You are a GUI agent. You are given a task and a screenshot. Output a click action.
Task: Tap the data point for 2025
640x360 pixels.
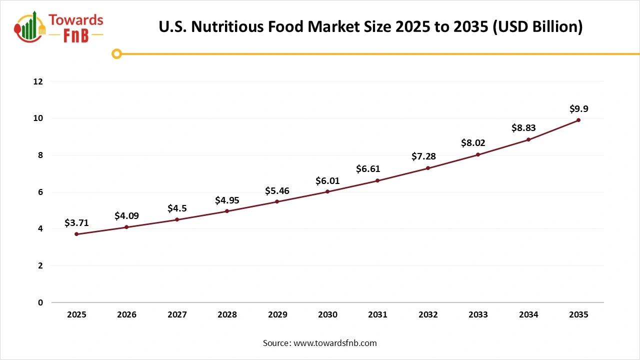pos(76,234)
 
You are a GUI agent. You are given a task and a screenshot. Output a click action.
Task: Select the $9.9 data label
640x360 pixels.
pos(578,109)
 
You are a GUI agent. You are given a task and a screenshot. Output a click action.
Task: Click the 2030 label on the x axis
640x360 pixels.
pos(327,315)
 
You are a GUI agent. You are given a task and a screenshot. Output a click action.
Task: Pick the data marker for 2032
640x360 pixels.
pos(428,168)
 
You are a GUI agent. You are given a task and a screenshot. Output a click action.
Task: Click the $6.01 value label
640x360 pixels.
pos(327,180)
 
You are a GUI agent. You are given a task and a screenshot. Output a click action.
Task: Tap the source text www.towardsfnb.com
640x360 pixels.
pos(334,343)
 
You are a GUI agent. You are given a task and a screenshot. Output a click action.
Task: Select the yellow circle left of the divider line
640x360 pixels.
pos(116,54)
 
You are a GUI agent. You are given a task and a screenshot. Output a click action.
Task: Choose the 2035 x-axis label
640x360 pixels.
pos(578,315)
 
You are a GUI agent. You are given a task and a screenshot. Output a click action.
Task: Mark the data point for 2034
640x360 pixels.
pos(528,139)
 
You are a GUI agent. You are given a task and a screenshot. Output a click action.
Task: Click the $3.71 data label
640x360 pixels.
pos(76,223)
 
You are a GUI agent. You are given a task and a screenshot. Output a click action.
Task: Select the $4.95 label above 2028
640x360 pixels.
pos(227,200)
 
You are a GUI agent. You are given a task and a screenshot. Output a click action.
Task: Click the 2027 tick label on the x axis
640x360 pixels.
pos(177,315)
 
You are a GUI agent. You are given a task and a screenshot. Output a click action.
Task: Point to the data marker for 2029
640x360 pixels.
pos(277,201)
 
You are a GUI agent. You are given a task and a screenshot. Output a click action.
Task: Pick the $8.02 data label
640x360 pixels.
pos(473,143)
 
